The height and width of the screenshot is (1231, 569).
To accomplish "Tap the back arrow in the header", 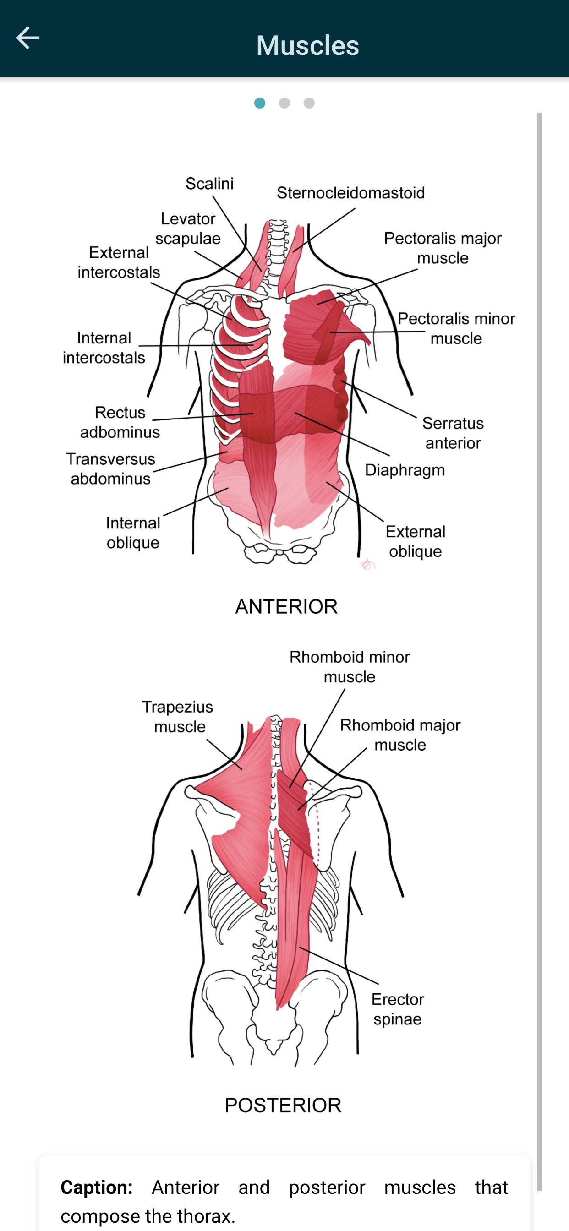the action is click(x=27, y=38).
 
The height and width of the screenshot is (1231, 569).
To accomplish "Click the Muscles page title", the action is click(x=307, y=45).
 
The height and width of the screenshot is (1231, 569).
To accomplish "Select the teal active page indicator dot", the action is click(x=260, y=103).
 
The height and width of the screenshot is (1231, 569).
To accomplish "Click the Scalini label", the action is click(x=209, y=184).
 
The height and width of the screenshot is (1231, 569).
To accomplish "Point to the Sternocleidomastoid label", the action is click(x=351, y=193).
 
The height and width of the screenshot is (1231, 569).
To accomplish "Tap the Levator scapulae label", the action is click(x=188, y=229).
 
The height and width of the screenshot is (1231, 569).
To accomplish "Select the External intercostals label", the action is click(x=119, y=262).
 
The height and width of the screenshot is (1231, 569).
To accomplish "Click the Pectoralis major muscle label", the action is click(x=443, y=248).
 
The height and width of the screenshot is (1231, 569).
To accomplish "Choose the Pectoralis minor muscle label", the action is click(x=456, y=328).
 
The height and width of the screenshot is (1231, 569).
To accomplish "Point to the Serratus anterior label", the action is click(x=453, y=433).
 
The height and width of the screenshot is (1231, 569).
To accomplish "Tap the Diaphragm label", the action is click(x=405, y=470).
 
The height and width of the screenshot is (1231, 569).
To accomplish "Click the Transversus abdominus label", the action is click(x=110, y=468).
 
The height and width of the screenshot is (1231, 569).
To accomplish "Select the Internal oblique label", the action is click(x=133, y=532).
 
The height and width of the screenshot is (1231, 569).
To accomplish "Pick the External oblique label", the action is click(x=416, y=541).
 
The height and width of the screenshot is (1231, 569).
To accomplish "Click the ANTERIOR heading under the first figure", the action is click(x=286, y=606).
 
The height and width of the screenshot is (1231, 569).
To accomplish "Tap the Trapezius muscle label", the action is click(x=178, y=716).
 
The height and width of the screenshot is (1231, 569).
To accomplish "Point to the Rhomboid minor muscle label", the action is click(x=350, y=667).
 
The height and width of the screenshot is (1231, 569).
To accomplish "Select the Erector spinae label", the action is click(x=398, y=1009).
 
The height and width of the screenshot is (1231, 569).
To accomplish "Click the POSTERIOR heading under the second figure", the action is click(x=283, y=1106).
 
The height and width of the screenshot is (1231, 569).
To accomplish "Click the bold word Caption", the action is click(x=97, y=1187).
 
